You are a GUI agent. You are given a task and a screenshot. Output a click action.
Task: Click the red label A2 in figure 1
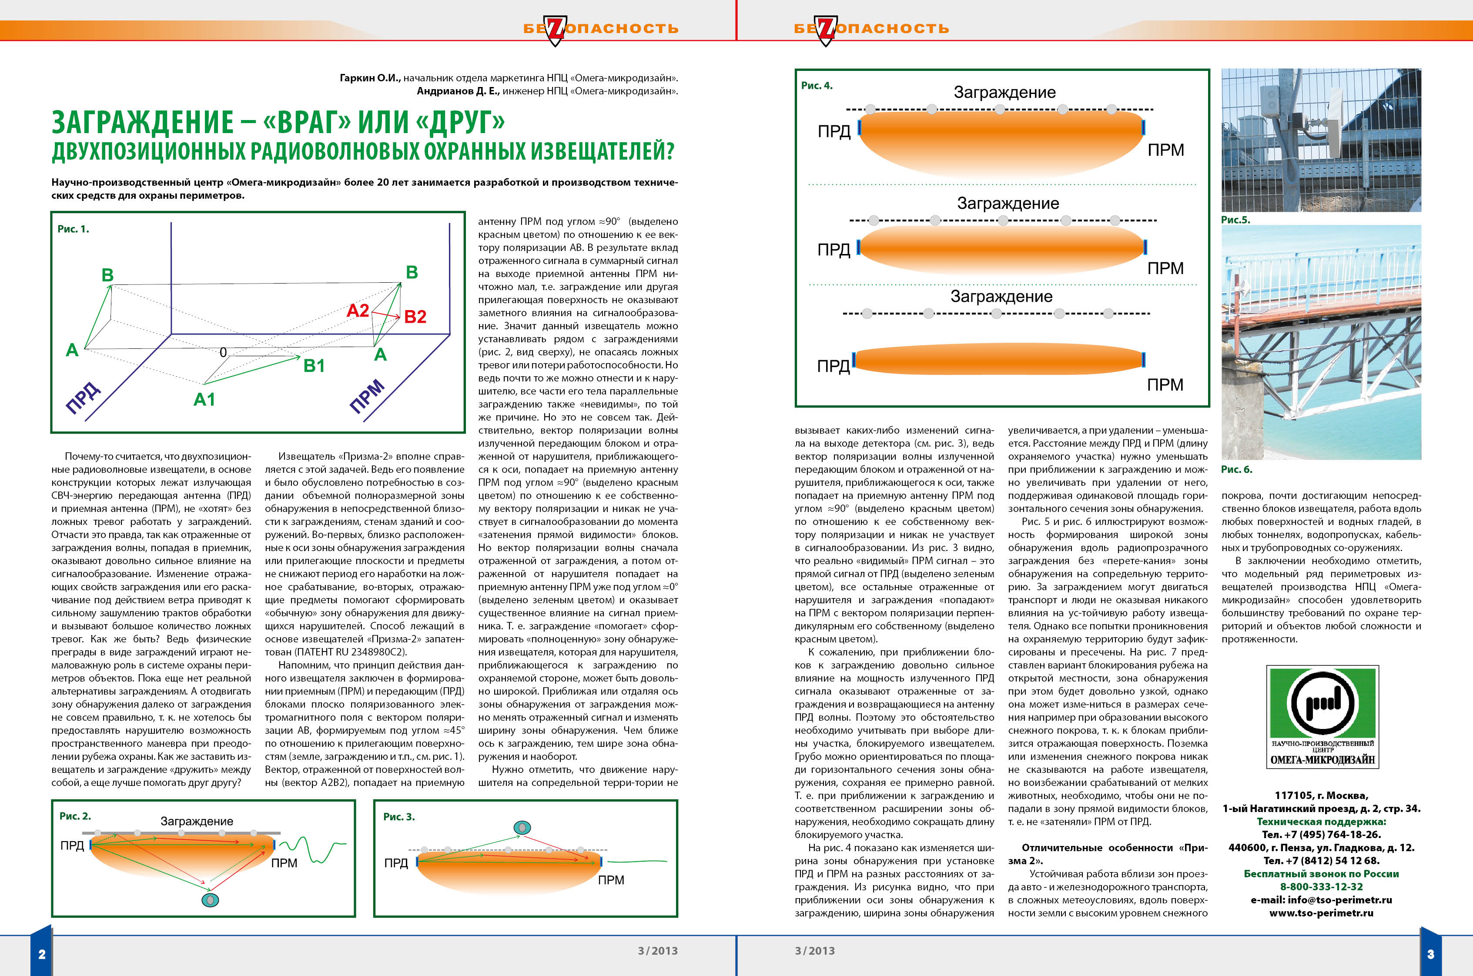[358, 310]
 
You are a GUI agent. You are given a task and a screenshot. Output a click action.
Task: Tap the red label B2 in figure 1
[415, 317]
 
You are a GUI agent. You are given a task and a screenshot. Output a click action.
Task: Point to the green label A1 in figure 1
[204, 399]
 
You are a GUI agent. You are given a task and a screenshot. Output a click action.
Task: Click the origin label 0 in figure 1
[223, 352]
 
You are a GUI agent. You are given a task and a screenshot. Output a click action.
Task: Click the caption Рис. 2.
[75, 816]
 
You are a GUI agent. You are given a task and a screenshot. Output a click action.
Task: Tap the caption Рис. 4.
[816, 86]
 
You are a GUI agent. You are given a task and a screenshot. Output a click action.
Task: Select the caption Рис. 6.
[1236, 469]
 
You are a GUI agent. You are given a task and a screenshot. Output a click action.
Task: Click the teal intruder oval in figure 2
[211, 899]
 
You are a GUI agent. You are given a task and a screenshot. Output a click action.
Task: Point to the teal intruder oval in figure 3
[522, 827]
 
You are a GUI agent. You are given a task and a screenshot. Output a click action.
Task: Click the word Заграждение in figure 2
[197, 821]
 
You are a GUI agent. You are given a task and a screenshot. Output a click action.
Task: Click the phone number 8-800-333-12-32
[1321, 886]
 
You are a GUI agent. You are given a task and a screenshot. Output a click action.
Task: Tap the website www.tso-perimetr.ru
[1321, 913]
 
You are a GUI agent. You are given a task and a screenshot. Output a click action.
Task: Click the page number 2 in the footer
[42, 954]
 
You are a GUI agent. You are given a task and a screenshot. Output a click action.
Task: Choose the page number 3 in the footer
[1430, 954]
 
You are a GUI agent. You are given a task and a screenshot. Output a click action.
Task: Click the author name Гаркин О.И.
[369, 78]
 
